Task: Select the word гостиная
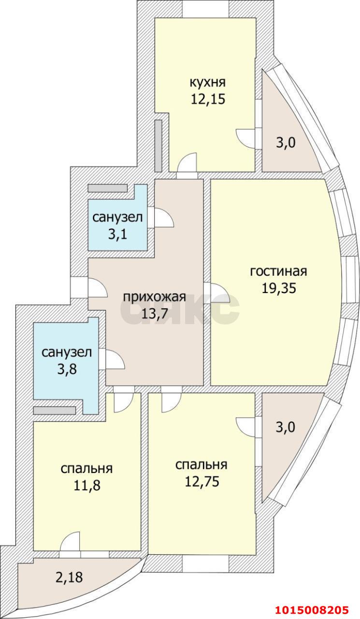tap(278, 271)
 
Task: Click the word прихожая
tap(154, 296)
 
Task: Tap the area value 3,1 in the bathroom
tap(117, 235)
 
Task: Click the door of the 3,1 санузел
tap(162, 218)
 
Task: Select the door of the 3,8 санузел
tap(114, 360)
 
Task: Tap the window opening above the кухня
tap(205, 9)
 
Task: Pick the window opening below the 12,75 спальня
tap(205, 563)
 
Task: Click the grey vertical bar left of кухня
tap(158, 145)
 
